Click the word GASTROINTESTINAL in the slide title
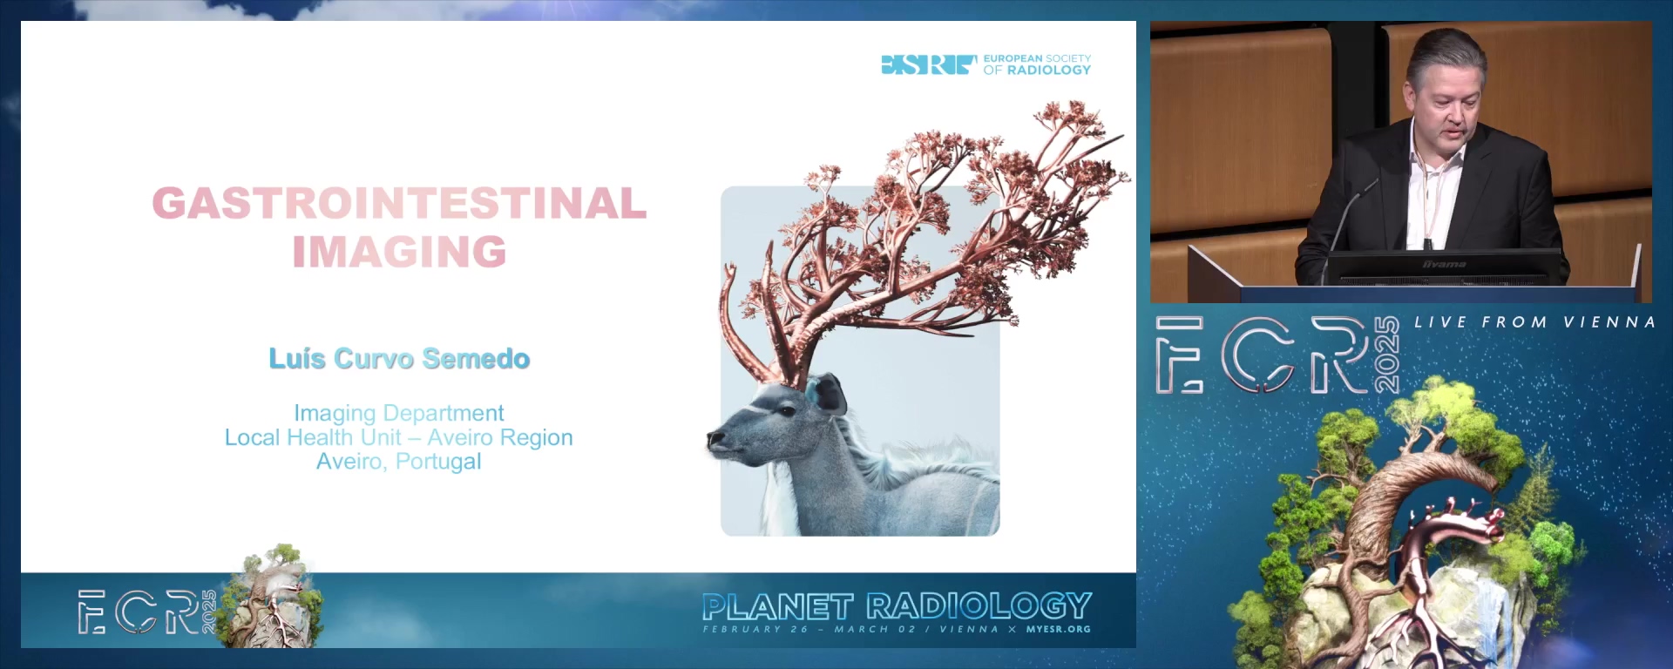[x=399, y=203]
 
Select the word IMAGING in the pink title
[x=399, y=252]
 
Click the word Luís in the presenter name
[x=297, y=359]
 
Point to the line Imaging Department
[x=399, y=413]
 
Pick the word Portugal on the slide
[x=438, y=462]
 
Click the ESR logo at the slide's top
[x=929, y=64]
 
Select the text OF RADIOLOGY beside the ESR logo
[x=1037, y=70]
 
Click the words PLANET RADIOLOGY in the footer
[x=897, y=606]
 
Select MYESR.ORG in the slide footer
[x=1058, y=629]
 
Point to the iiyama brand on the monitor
[x=1445, y=264]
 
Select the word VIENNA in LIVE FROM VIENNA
[x=1609, y=322]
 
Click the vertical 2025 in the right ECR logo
[x=1386, y=355]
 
